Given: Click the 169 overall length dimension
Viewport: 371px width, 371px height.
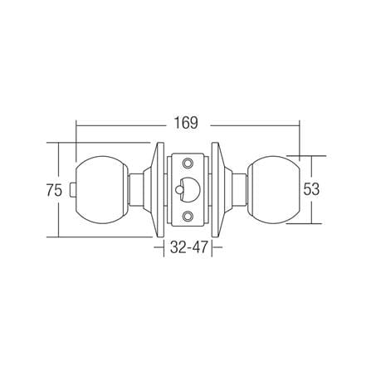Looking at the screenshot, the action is [x=186, y=123].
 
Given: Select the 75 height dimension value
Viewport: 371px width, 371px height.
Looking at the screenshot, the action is [x=54, y=191].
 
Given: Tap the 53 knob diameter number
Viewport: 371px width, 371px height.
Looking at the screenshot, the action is [x=311, y=189].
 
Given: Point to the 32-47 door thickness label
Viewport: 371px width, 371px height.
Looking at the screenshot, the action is [x=188, y=247].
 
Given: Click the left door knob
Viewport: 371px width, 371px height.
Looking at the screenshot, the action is [x=101, y=189].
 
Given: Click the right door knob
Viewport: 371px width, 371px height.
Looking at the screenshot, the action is [x=273, y=189].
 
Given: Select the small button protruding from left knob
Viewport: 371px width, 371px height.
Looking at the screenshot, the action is [x=72, y=189].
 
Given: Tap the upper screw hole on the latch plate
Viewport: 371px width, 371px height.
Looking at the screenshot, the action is [x=188, y=163].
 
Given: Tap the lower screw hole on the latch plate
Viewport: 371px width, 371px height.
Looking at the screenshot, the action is [x=188, y=216].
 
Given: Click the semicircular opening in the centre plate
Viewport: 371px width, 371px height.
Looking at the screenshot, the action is [x=190, y=189].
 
